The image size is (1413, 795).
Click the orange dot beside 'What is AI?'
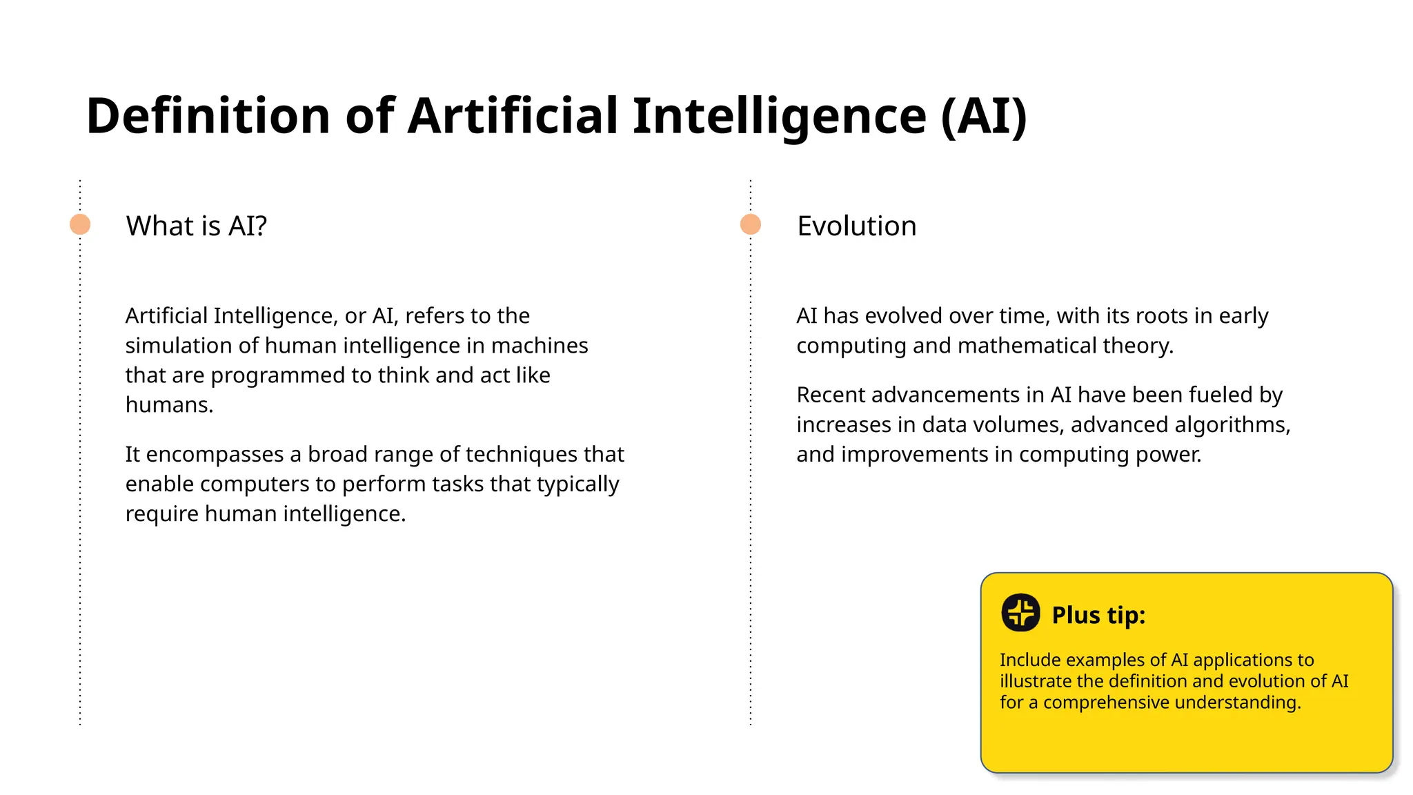coord(80,224)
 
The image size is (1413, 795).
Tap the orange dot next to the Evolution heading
coord(751,224)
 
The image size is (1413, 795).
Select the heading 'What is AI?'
coord(196,226)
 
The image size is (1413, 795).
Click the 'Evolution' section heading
coord(856,226)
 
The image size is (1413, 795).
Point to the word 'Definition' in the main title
coord(208,115)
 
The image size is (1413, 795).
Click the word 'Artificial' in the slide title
coord(513,115)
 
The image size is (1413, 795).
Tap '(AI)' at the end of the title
coord(984,115)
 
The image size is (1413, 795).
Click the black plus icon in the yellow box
coord(1020,613)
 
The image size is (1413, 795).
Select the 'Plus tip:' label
coord(1098,615)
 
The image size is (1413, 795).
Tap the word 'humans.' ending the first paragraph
coord(169,405)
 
